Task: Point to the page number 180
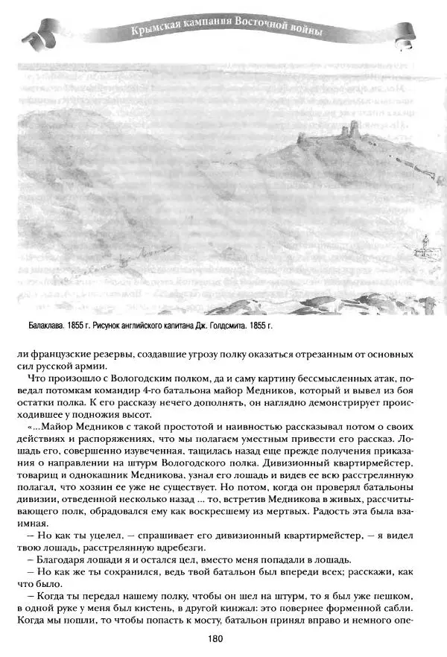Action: click(223, 638)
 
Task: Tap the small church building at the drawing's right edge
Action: click(424, 247)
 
